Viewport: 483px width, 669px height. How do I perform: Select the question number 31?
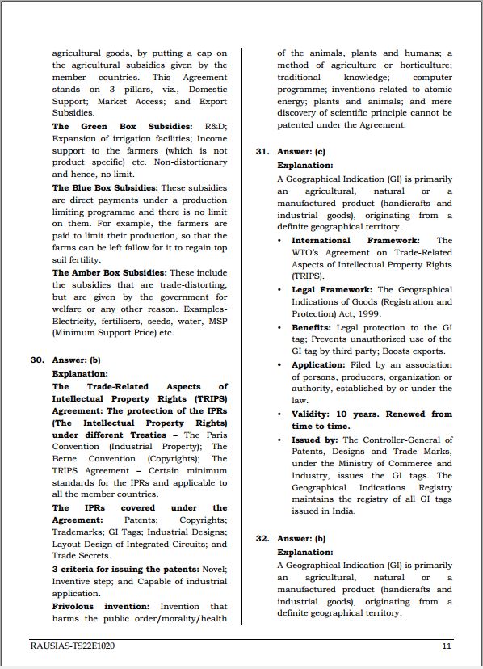[x=262, y=151]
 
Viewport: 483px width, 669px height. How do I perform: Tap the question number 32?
[x=262, y=538]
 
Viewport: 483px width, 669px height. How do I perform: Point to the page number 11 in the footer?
[x=447, y=646]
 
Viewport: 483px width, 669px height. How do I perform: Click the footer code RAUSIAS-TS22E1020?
[x=70, y=646]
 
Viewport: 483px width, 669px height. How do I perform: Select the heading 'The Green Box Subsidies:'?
[x=122, y=127]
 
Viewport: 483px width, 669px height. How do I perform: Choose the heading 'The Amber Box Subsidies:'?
[x=110, y=273]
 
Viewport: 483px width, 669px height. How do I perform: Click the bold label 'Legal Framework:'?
[x=332, y=289]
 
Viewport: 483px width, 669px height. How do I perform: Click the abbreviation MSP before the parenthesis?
[x=216, y=321]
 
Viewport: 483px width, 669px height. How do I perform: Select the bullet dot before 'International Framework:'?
[x=279, y=241]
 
